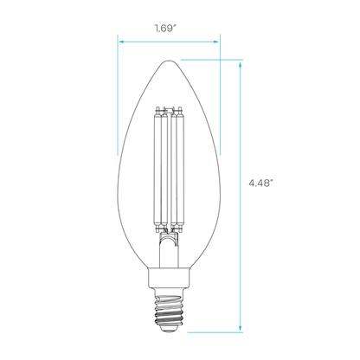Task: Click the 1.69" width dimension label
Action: (165, 29)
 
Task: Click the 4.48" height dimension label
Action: (260, 183)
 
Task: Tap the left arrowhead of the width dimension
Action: (121, 42)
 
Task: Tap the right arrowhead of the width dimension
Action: (215, 42)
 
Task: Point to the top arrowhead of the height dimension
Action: (240, 64)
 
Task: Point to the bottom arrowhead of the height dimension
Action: (240, 328)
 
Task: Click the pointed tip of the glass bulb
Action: (169, 61)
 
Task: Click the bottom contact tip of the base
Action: (169, 330)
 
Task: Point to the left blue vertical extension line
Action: (118, 95)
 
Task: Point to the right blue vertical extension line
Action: (221, 95)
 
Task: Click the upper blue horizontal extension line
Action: (212, 60)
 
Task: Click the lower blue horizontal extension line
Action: (215, 332)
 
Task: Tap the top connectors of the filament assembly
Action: (169, 111)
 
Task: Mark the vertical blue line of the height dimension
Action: (240, 196)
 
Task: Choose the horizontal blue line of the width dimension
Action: (169, 42)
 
